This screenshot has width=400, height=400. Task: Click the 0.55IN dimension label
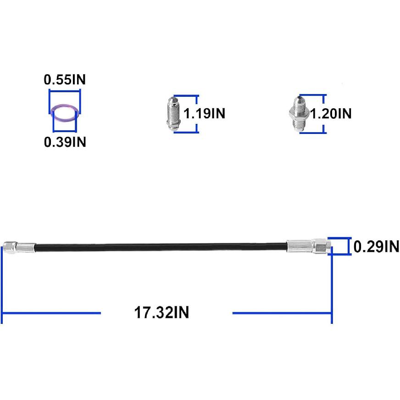click(x=65, y=80)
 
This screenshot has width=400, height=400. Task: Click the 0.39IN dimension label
click(x=65, y=142)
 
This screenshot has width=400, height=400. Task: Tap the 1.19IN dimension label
click(x=204, y=113)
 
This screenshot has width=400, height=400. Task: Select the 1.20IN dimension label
click(x=331, y=113)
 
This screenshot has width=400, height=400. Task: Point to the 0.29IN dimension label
click(x=376, y=246)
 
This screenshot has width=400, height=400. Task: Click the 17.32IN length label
click(x=161, y=312)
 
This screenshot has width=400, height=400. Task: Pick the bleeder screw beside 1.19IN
click(x=173, y=113)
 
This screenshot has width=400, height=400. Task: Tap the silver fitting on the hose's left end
click(x=19, y=248)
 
